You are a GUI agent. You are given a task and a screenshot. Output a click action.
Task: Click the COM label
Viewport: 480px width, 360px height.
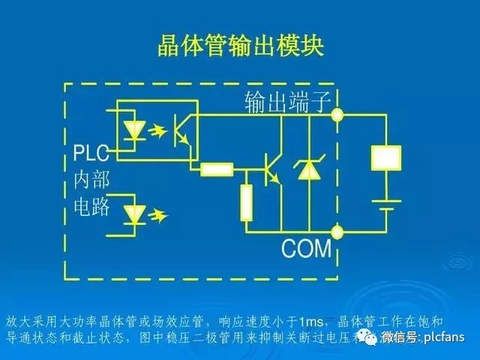pyautogui.click(x=306, y=248)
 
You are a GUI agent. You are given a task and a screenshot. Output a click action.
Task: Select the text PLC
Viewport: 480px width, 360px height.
pyautogui.click(x=91, y=155)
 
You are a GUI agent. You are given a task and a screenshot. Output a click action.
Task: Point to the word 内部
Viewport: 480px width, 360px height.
pyautogui.click(x=91, y=181)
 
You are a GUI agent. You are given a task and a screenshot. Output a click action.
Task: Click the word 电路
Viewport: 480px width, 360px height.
pyautogui.click(x=91, y=206)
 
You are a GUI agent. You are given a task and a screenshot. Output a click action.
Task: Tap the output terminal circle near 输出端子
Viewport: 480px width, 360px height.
pyautogui.click(x=338, y=115)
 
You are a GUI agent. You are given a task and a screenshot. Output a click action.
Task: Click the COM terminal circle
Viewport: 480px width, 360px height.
pyautogui.click(x=338, y=230)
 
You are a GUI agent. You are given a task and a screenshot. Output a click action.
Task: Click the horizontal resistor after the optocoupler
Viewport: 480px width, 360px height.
pyautogui.click(x=217, y=169)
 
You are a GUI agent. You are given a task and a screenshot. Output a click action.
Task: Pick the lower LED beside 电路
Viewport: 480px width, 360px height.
pyautogui.click(x=135, y=214)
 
